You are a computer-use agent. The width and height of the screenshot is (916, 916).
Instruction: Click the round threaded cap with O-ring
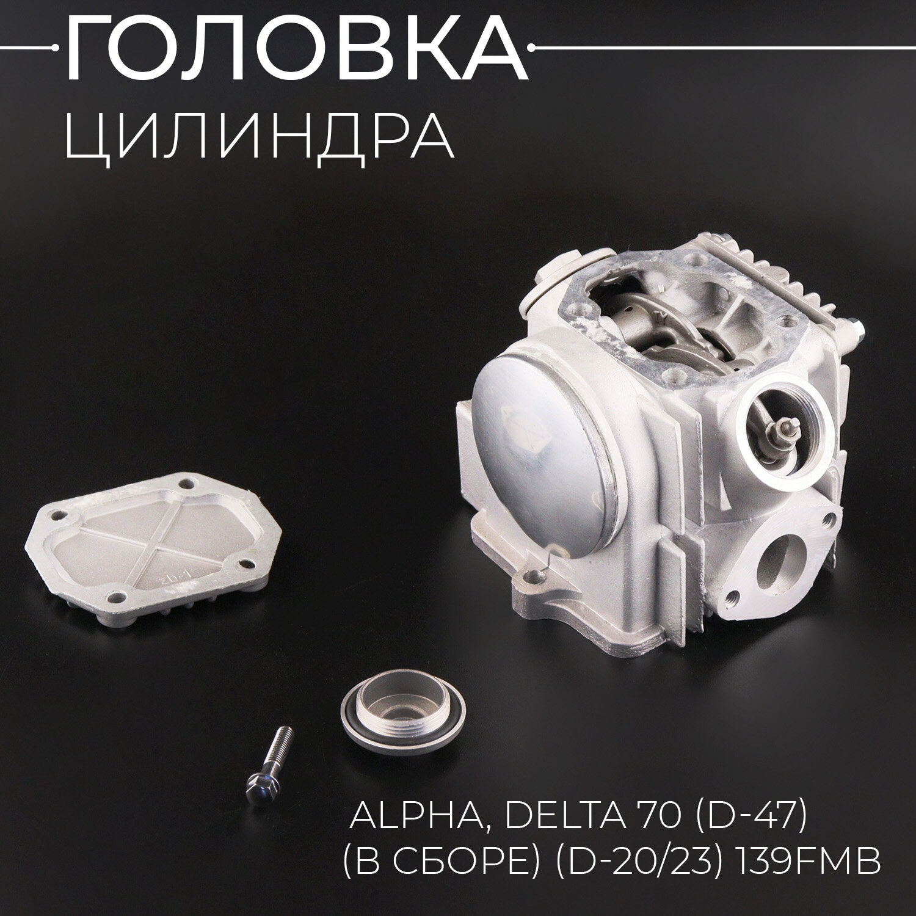point(402,720)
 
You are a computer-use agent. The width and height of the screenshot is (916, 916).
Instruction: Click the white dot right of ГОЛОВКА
point(536,48)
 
